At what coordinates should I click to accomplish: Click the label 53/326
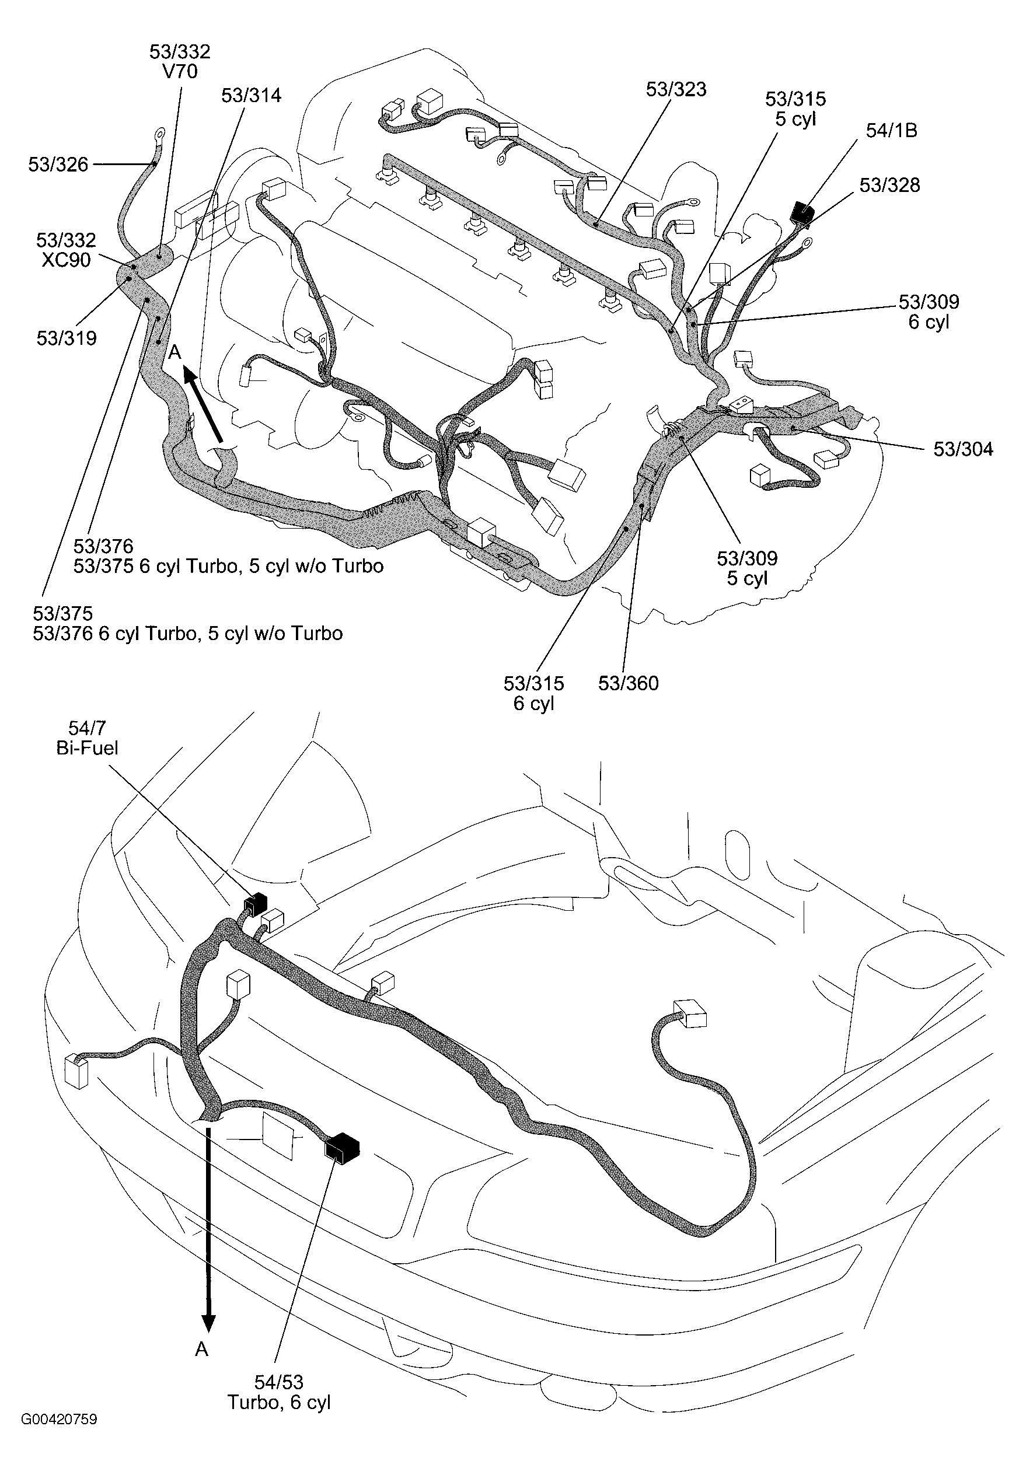(x=58, y=165)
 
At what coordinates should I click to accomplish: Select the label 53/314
(x=251, y=95)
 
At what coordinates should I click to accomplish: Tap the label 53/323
(x=675, y=89)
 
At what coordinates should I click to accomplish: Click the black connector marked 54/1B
(x=801, y=212)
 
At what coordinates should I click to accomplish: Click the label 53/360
(x=628, y=683)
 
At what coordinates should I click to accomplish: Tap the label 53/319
(x=67, y=338)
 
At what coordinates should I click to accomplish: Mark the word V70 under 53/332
(x=180, y=72)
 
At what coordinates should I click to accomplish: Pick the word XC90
(x=66, y=260)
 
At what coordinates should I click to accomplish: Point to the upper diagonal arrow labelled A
(x=204, y=404)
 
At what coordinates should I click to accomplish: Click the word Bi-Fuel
(x=87, y=747)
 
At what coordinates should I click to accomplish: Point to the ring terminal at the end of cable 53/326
(x=158, y=134)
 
